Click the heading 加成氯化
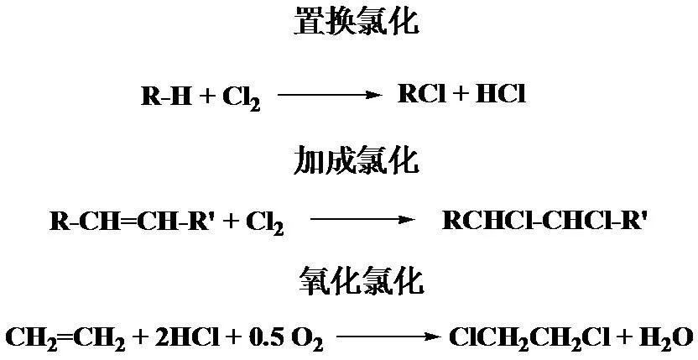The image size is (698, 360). [356, 160]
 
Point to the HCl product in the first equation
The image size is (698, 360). [501, 94]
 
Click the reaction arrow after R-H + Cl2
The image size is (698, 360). [330, 95]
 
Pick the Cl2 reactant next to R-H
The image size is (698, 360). [242, 98]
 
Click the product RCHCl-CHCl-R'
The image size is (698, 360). [544, 220]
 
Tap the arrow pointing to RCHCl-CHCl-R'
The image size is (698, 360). [362, 219]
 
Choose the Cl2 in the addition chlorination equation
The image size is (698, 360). [265, 222]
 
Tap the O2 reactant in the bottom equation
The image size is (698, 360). [307, 340]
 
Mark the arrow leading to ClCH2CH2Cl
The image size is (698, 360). [388, 337]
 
